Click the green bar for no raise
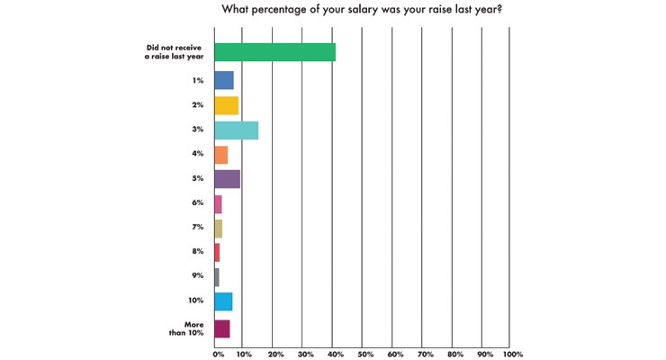(x=274, y=52)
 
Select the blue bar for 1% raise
(x=224, y=80)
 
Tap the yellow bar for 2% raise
(x=227, y=105)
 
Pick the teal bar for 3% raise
(x=236, y=130)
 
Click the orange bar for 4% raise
(x=220, y=155)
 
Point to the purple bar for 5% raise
(x=227, y=179)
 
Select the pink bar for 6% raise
(x=218, y=204)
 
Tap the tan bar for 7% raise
(x=219, y=229)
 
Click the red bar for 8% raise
(x=217, y=253)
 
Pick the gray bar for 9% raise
(x=217, y=277)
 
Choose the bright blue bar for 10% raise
(x=223, y=301)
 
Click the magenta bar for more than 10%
(x=222, y=329)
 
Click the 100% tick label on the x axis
(x=513, y=354)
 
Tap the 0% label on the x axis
(x=219, y=354)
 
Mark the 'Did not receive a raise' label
(x=174, y=52)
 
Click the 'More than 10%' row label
(x=186, y=328)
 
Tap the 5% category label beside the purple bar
(x=197, y=179)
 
